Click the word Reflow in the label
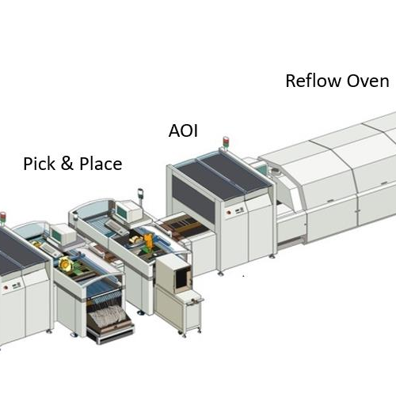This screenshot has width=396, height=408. tap(314, 81)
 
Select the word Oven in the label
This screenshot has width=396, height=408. tap(367, 81)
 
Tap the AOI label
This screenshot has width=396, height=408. tap(183, 130)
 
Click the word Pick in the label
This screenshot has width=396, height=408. tap(40, 164)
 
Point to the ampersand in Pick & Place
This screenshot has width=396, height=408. tap(67, 164)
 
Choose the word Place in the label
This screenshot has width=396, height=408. tap(101, 164)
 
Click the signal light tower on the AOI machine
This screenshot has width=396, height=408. tap(226, 142)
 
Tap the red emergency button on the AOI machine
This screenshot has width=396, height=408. tap(228, 213)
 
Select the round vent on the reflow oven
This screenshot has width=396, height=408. tap(276, 171)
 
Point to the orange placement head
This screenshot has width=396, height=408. tap(148, 240)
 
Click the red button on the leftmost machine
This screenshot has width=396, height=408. tap(6, 288)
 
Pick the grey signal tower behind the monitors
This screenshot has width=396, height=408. tap(140, 195)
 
